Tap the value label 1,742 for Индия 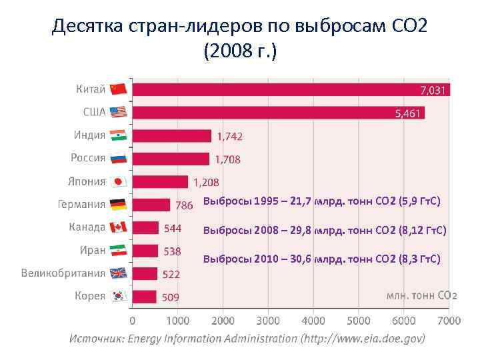click(x=229, y=136)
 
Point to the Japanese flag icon click(x=118, y=181)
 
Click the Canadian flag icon click(x=118, y=227)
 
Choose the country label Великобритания click(x=63, y=273)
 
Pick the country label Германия click(x=81, y=205)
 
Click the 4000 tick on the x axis click(x=313, y=321)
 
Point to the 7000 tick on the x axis click(x=449, y=321)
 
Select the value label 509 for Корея click(x=170, y=297)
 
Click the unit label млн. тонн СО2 click(x=422, y=295)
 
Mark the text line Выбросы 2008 click(x=325, y=231)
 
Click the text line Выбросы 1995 click(x=321, y=201)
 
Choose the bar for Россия click(x=171, y=159)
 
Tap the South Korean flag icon click(x=118, y=296)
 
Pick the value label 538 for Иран click(x=171, y=251)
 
